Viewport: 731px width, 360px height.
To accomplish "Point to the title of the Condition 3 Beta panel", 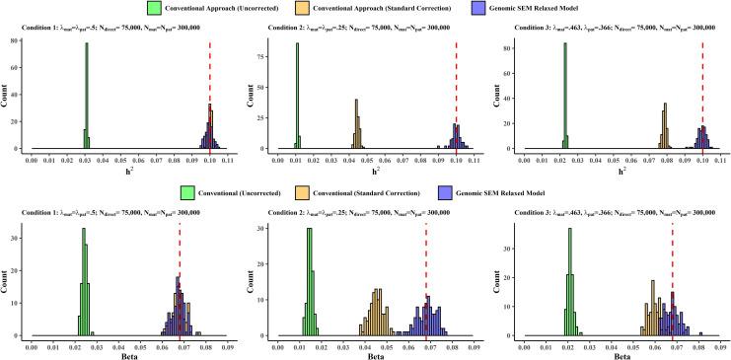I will pyautogui.click(x=613, y=212).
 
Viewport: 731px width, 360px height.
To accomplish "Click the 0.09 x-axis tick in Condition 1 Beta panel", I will pyautogui.click(x=226, y=344).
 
